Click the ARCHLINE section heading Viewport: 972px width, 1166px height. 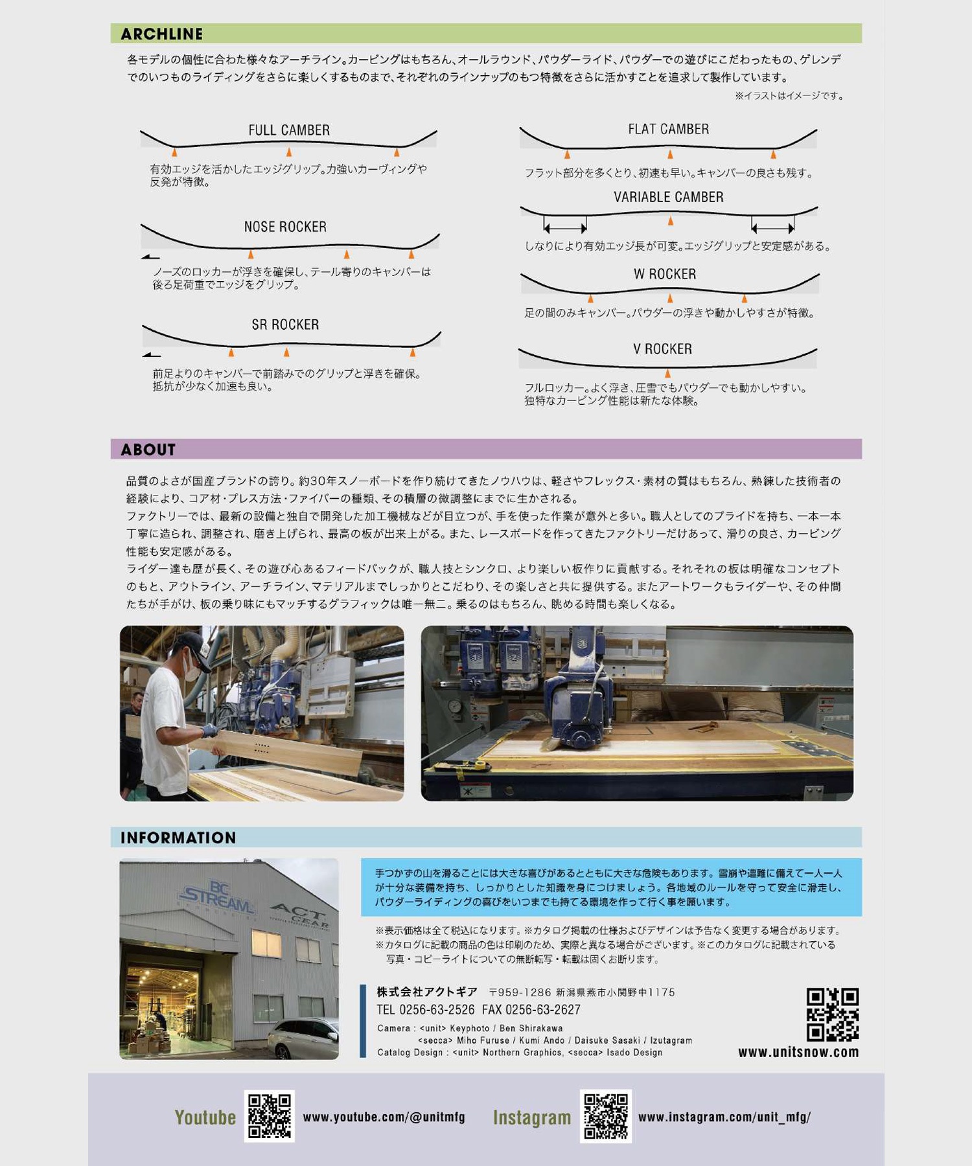click(x=161, y=34)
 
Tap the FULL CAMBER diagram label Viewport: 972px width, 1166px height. click(x=289, y=130)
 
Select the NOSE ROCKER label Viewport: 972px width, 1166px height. click(x=285, y=227)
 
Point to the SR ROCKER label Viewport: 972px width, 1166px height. click(x=285, y=325)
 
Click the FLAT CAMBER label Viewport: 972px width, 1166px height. click(x=668, y=129)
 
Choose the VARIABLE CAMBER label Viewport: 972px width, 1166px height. click(x=669, y=197)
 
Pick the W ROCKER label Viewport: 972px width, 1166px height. click(x=665, y=274)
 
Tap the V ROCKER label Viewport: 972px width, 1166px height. click(x=662, y=349)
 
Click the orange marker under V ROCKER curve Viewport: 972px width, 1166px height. click(x=668, y=373)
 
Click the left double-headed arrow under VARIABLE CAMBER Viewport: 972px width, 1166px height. click(x=565, y=227)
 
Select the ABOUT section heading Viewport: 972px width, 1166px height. click(x=148, y=450)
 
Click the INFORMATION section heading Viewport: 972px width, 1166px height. click(x=178, y=838)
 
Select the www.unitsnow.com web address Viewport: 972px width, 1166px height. click(x=798, y=1052)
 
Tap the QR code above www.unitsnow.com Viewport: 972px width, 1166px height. click(x=833, y=1014)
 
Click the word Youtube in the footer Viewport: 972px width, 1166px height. click(x=205, y=1117)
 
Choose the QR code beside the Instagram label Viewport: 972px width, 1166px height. click(x=606, y=1116)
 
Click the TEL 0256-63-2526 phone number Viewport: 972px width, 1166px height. click(x=426, y=1010)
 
